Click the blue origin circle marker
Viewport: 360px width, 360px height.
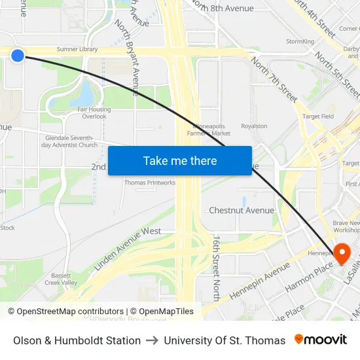[18, 56]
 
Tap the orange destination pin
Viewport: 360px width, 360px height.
[342, 253]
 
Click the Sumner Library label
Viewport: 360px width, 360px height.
[77, 49]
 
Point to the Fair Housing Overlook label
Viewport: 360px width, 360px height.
[94, 113]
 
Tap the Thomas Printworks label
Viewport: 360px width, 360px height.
[150, 183]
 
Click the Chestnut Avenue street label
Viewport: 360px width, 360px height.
[241, 210]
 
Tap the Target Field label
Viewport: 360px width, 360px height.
[317, 117]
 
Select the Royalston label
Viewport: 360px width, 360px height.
[254, 126]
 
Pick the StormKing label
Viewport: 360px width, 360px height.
[300, 42]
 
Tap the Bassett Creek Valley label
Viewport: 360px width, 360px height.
[61, 279]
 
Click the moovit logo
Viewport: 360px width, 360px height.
[321, 340]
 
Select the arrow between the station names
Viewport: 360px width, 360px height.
[152, 340]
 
